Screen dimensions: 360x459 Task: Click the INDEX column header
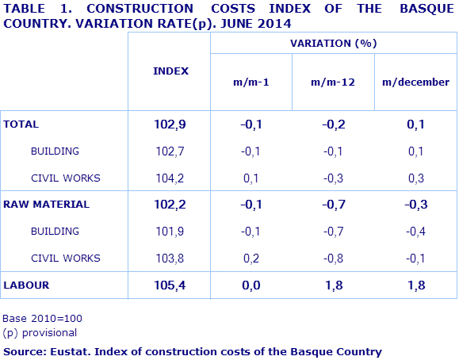coord(170,71)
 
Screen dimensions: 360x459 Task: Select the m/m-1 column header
coord(251,82)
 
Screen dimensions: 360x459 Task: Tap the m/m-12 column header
coord(333,82)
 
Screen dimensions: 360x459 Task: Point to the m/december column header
coord(415,82)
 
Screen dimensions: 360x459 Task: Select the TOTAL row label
coord(21,124)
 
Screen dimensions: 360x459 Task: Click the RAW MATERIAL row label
coord(46,204)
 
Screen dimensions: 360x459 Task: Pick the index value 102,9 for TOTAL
coord(170,124)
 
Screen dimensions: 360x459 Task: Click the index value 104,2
coord(170,178)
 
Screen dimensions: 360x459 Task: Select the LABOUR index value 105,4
coord(170,284)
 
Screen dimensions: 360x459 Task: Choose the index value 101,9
coord(170,231)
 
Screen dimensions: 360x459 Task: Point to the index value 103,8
coord(170,258)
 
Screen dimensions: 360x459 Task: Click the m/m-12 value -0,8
coord(333,258)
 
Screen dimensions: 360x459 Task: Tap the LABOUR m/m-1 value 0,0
coord(251,284)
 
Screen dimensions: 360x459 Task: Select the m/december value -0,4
coord(415,231)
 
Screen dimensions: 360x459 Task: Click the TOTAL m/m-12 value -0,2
coord(333,124)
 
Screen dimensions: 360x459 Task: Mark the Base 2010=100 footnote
coord(42,319)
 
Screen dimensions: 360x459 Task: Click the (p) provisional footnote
coord(40,333)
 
